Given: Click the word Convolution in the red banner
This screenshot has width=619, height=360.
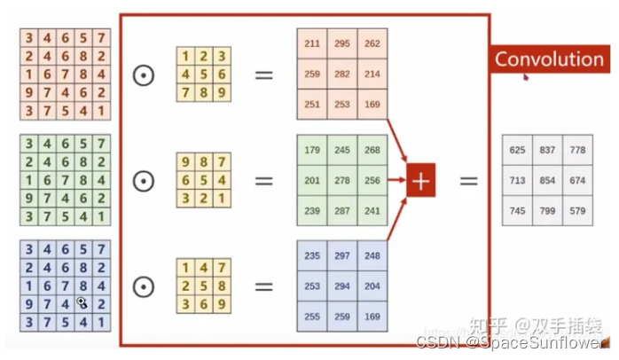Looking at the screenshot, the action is click(548, 59).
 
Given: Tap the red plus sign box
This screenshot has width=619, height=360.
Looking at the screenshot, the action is click(421, 181).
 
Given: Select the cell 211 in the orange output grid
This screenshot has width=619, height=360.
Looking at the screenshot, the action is click(312, 43).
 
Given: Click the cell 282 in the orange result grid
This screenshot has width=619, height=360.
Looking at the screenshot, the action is click(342, 74).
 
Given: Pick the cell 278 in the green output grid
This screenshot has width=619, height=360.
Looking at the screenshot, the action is click(342, 180).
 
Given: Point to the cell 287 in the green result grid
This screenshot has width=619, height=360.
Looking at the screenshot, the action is click(342, 211).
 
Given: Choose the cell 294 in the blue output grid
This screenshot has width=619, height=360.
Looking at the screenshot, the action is click(342, 286).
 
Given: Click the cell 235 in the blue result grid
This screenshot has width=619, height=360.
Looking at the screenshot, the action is click(312, 256).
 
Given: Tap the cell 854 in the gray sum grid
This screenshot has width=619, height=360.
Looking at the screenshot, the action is click(547, 180).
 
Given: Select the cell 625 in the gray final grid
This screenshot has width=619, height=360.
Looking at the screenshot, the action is click(517, 150).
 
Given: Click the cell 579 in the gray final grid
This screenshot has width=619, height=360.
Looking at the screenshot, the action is click(578, 210).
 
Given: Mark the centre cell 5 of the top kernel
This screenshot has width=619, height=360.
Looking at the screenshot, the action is click(203, 74).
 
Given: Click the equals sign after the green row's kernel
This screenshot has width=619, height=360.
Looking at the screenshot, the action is click(263, 181).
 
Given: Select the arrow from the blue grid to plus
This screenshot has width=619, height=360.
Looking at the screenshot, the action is click(397, 220).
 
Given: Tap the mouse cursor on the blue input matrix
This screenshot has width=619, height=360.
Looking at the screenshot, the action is click(82, 302).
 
